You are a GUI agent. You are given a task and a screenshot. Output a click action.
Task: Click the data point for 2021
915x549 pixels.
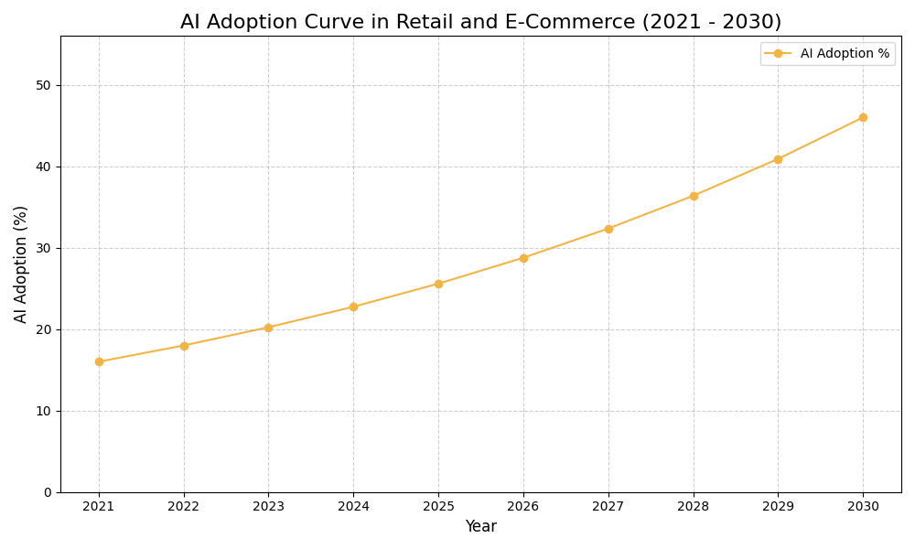click(99, 361)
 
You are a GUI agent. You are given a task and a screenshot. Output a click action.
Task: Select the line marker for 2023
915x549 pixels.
click(268, 328)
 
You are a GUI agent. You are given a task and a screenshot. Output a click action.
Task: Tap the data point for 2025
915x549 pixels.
click(438, 284)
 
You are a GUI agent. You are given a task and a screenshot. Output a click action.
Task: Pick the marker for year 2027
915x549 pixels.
click(608, 229)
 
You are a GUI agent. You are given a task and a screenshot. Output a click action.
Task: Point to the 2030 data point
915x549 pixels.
click(863, 117)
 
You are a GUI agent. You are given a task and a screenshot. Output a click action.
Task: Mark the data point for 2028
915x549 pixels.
click(694, 196)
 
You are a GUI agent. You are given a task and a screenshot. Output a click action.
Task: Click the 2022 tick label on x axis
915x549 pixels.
click(184, 507)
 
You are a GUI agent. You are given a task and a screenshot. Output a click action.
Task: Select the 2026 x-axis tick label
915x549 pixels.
click(523, 507)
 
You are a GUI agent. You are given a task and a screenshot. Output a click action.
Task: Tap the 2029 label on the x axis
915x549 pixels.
click(778, 507)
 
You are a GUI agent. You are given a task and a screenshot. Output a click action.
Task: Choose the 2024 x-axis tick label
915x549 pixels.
click(353, 507)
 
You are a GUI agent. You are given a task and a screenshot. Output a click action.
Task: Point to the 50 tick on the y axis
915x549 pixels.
click(43, 85)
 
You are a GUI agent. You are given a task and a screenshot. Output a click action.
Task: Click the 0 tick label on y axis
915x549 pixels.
click(48, 492)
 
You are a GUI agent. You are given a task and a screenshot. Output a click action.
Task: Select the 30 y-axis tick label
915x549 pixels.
click(43, 248)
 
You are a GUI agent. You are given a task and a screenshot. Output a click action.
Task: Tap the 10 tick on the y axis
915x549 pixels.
click(43, 411)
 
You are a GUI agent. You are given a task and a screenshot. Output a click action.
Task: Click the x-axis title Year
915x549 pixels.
click(480, 527)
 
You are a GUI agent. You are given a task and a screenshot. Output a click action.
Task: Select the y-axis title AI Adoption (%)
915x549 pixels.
click(21, 264)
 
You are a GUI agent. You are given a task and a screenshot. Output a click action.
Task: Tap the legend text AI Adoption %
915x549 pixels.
click(845, 54)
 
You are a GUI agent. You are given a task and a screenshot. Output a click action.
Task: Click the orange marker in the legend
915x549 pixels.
click(778, 54)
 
